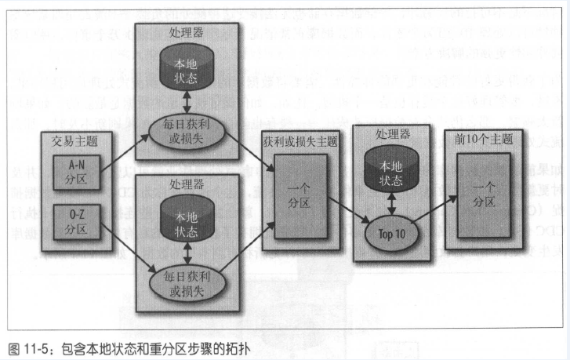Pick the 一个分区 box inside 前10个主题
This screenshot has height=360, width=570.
484,193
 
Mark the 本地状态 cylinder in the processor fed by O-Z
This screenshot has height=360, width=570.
186,219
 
